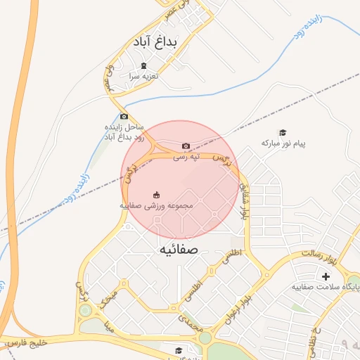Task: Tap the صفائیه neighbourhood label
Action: pos(179,250)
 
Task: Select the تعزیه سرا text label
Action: pos(143,75)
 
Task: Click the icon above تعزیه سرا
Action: pos(143,65)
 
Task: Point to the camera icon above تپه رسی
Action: pos(186,146)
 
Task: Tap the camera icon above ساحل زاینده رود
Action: pos(124,117)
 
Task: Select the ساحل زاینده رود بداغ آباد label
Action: pos(124,131)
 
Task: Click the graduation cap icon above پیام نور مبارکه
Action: pos(283,133)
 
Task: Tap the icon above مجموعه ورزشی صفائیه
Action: pos(156,195)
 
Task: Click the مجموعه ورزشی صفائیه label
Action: pos(155,207)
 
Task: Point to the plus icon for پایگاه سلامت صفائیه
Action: pos(326,276)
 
